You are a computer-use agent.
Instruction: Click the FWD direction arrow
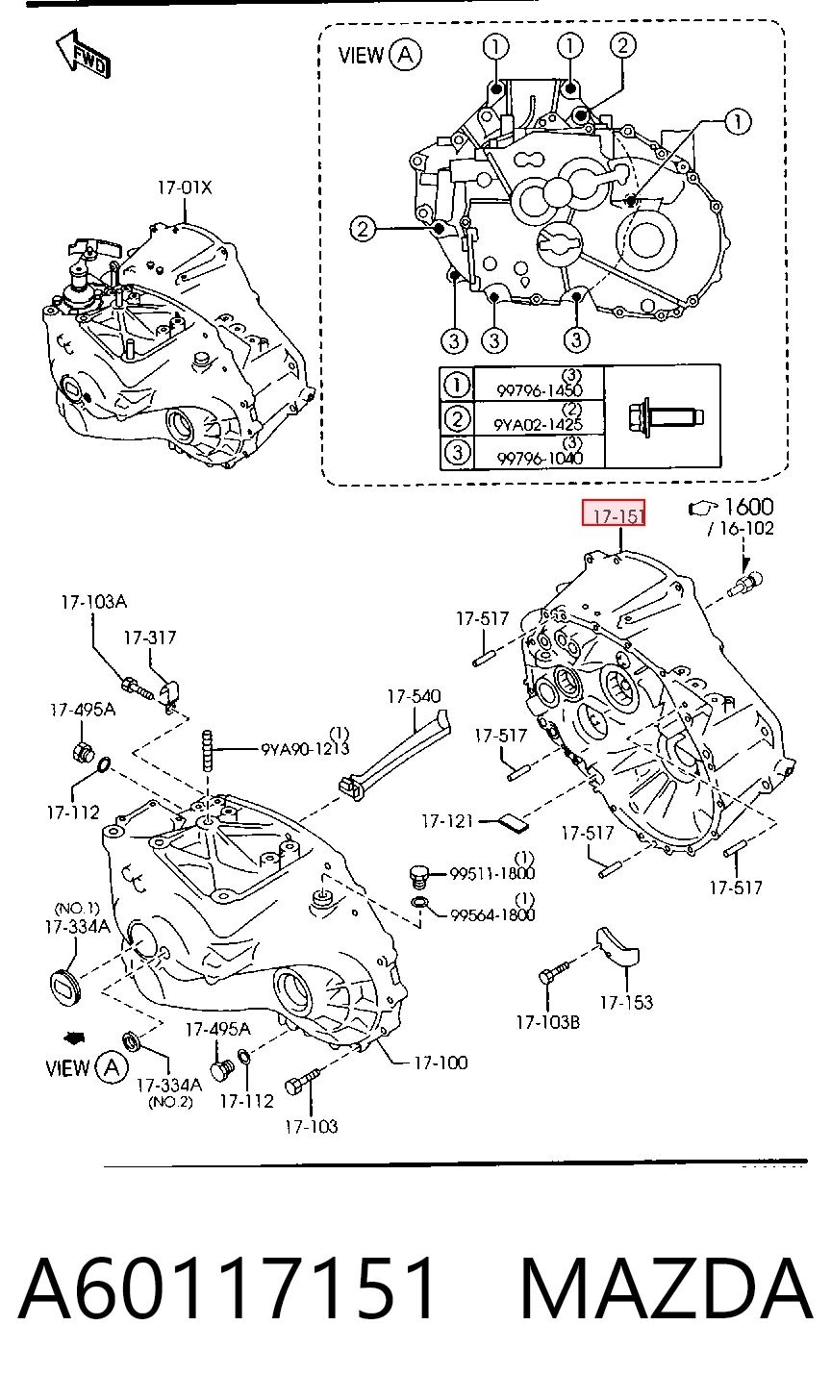[x=83, y=54]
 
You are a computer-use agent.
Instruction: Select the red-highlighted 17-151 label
[x=614, y=513]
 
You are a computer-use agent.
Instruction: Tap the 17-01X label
[x=185, y=187]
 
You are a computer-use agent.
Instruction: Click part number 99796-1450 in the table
[x=540, y=390]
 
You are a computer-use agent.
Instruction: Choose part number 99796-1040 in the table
[x=540, y=459]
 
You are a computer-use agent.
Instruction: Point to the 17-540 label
[x=414, y=696]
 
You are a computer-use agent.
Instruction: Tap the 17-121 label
[x=447, y=820]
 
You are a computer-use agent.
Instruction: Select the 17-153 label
[x=626, y=1003]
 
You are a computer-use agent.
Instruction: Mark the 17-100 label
[x=441, y=1062]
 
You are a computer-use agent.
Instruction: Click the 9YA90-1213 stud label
[x=305, y=748]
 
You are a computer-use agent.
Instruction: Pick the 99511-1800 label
[x=492, y=873]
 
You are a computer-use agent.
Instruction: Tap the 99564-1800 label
[x=492, y=915]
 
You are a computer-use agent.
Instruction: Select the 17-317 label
[x=150, y=637]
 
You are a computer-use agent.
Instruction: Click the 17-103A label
[x=94, y=602]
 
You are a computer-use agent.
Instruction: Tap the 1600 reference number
[x=748, y=507]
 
